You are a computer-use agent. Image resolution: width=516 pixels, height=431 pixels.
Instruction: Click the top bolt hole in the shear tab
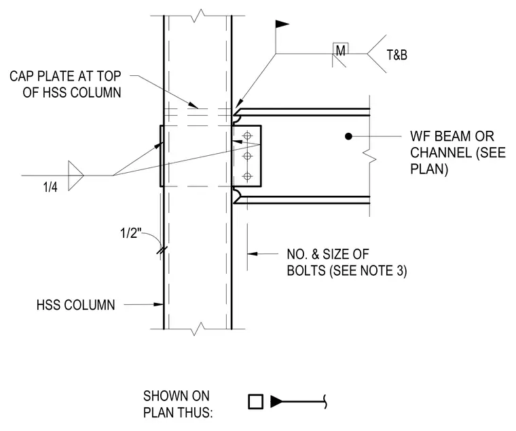(x=247, y=136)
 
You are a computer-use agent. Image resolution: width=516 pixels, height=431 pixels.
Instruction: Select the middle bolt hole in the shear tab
(x=247, y=156)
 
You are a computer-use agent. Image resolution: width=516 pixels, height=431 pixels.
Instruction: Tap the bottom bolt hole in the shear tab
(x=247, y=176)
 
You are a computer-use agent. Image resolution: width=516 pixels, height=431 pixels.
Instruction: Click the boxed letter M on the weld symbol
(x=341, y=50)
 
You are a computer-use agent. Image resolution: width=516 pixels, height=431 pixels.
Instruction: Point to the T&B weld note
(x=397, y=55)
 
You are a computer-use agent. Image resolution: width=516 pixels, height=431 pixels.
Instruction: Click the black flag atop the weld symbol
(x=282, y=24)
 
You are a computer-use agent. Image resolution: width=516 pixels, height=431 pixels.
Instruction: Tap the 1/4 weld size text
(x=50, y=187)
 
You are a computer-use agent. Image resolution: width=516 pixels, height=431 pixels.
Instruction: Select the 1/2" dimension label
(x=130, y=233)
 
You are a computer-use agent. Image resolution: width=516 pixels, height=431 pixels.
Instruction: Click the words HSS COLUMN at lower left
(x=75, y=305)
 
